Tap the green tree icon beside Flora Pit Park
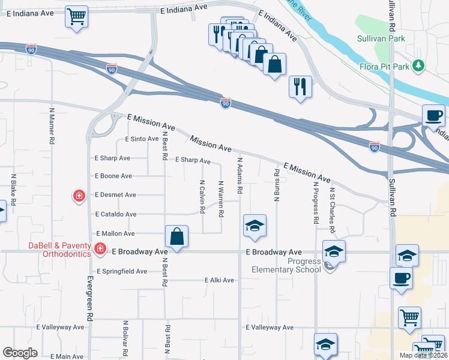419,65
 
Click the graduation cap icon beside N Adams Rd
255,226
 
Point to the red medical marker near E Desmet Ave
79,196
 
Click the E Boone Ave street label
113,176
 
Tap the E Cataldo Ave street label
115,214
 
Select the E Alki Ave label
218,280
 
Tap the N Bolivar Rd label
125,337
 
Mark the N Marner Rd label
52,125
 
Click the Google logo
20,352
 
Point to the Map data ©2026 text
423,355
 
